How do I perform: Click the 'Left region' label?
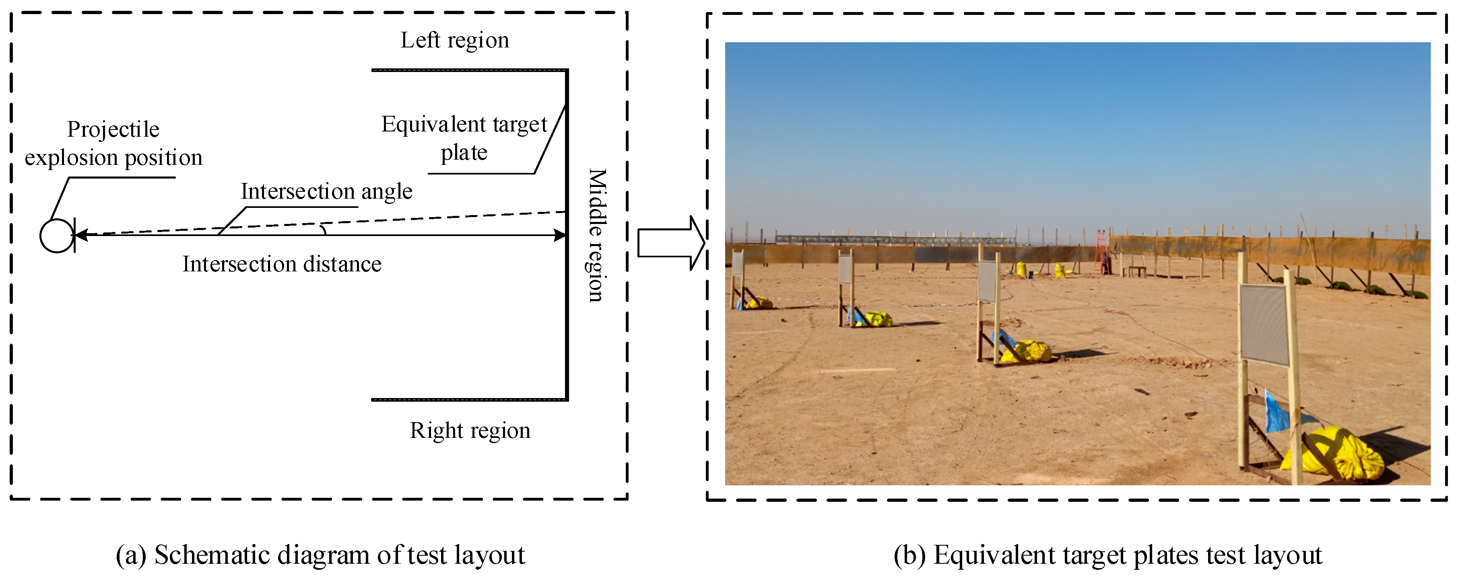[x=455, y=40]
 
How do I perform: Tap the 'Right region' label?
[x=470, y=431]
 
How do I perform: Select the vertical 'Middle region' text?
[x=596, y=235]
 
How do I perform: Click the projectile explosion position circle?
[x=56, y=235]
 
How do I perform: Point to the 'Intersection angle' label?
[x=326, y=191]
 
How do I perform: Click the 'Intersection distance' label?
[x=282, y=264]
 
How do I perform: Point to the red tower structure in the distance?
[x=1102, y=252]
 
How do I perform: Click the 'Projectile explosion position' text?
[x=113, y=143]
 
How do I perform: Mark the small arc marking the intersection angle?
[x=324, y=230]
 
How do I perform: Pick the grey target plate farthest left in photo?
[x=737, y=263]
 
